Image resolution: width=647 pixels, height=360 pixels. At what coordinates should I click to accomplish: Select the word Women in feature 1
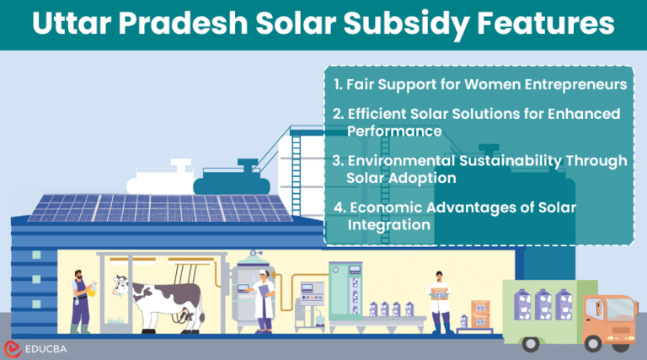(x=473, y=86)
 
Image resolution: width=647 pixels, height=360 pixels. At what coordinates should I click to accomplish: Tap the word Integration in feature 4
(x=389, y=225)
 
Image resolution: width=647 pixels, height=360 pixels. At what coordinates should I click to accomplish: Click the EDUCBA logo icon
(x=13, y=347)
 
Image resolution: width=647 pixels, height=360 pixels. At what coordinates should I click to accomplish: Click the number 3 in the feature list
(x=336, y=160)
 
